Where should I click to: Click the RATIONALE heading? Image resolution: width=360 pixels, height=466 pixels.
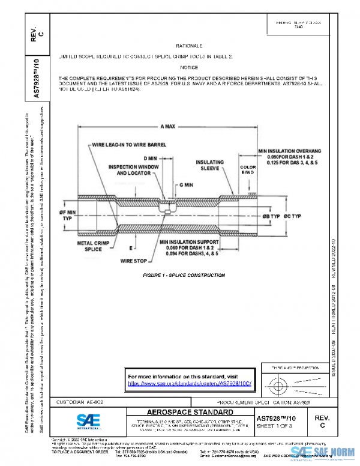(189, 46)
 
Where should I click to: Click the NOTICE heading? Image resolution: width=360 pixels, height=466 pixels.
(189, 68)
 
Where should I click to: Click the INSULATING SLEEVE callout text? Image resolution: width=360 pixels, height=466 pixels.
(209, 166)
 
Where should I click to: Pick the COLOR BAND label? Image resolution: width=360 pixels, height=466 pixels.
(248, 171)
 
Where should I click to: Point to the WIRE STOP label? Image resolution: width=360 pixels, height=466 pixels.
(134, 261)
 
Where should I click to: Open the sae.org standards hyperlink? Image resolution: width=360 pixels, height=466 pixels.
(190, 383)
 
